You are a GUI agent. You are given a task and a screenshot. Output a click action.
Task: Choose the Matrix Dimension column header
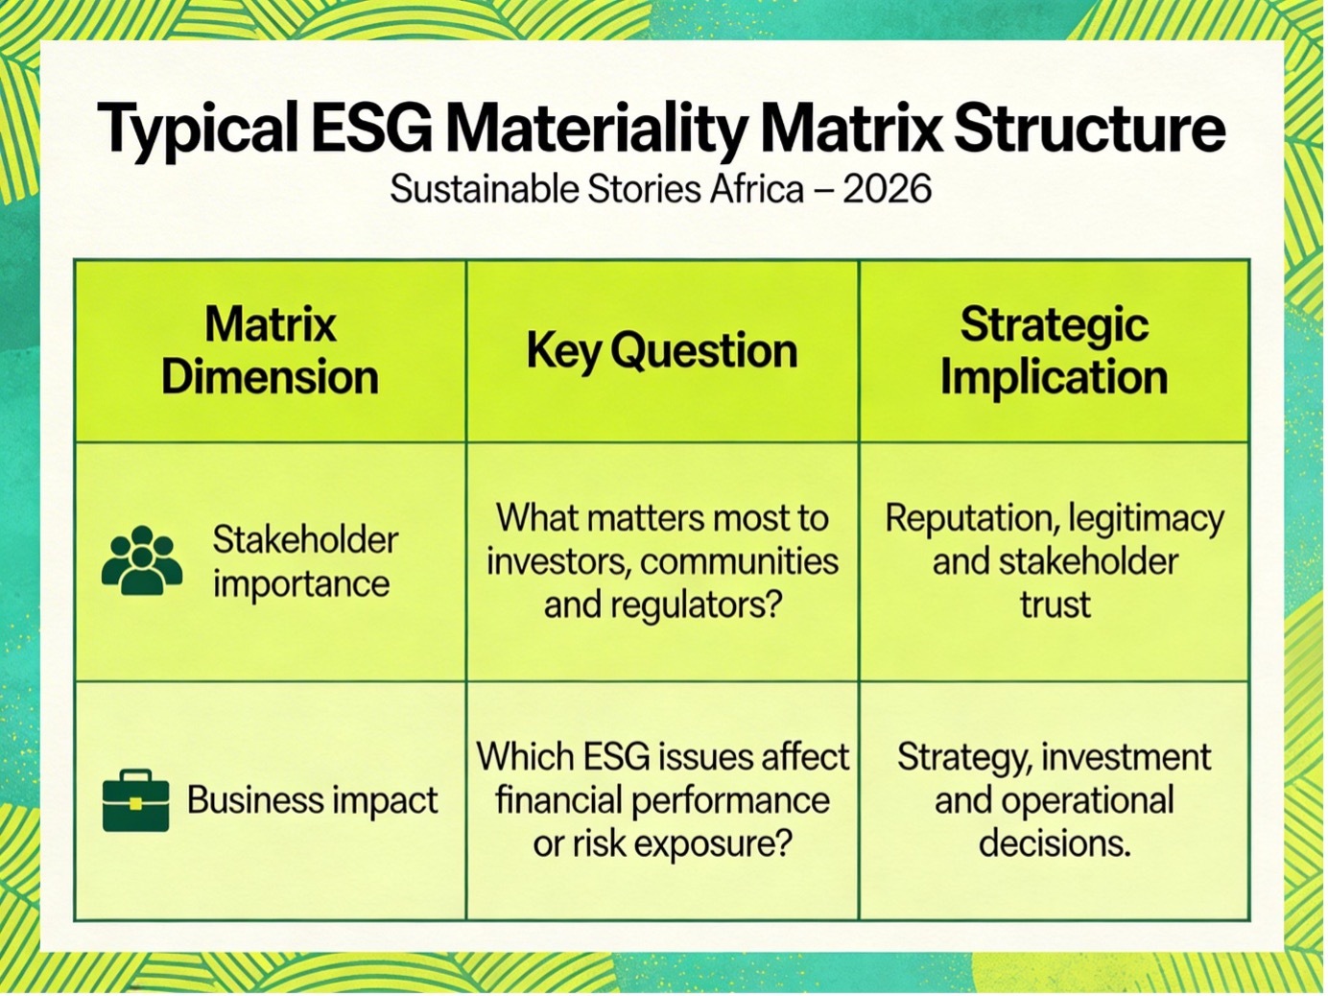[270, 351]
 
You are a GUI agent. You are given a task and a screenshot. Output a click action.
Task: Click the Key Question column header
[662, 351]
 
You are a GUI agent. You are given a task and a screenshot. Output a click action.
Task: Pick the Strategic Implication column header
[1054, 351]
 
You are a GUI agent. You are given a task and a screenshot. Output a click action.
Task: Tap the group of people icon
[142, 560]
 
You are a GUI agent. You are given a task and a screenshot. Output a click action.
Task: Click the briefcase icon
[135, 800]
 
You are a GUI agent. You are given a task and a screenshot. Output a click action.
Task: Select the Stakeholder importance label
[305, 561]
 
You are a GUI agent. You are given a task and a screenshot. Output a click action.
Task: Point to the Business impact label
[312, 800]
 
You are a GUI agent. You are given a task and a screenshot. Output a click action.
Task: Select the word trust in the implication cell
[1055, 605]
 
